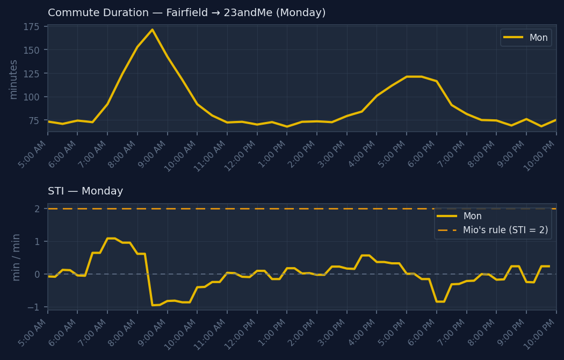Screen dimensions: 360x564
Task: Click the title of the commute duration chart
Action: point(186,13)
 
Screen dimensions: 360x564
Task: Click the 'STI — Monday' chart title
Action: point(85,191)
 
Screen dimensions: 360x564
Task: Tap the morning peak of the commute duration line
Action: point(152,30)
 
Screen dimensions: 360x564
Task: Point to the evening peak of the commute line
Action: point(414,76)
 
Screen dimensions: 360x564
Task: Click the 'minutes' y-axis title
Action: point(13,79)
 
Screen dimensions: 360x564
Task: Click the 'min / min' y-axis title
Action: point(16,257)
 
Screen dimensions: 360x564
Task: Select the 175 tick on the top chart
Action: point(32,27)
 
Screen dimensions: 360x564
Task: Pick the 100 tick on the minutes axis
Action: point(32,97)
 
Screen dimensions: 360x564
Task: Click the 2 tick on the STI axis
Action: point(37,208)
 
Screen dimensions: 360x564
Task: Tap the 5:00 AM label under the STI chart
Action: point(32,333)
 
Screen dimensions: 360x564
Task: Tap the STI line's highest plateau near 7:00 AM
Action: point(111,238)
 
